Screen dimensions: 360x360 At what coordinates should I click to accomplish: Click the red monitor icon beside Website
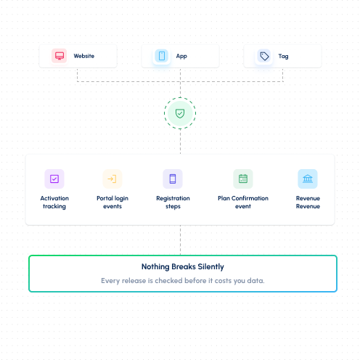pyautogui.click(x=60, y=56)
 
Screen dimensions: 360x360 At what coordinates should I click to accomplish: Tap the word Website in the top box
pyautogui.click(x=84, y=56)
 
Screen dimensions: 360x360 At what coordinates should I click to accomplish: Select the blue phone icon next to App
pyautogui.click(x=162, y=56)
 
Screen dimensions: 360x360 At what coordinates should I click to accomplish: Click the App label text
pyautogui.click(x=181, y=57)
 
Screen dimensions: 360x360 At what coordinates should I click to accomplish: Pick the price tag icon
pyautogui.click(x=264, y=56)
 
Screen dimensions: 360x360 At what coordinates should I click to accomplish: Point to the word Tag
pyautogui.click(x=283, y=57)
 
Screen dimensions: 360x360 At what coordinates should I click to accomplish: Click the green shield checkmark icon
pyautogui.click(x=180, y=113)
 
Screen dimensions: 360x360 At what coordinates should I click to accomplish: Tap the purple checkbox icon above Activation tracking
pyautogui.click(x=54, y=179)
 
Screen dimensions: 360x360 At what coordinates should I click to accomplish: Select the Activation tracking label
pyautogui.click(x=54, y=202)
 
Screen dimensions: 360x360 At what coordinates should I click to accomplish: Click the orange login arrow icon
pyautogui.click(x=112, y=179)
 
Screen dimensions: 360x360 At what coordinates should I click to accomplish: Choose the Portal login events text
pyautogui.click(x=112, y=202)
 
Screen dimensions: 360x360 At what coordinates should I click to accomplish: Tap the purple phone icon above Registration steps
pyautogui.click(x=173, y=179)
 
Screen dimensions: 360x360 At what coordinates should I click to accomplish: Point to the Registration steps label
pyautogui.click(x=173, y=202)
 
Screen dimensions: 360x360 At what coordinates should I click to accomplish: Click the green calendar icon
pyautogui.click(x=243, y=179)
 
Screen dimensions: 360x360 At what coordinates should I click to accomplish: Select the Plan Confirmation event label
pyautogui.click(x=243, y=202)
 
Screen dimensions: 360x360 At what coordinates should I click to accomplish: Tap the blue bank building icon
pyautogui.click(x=308, y=179)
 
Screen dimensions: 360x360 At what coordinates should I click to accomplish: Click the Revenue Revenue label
pyautogui.click(x=308, y=202)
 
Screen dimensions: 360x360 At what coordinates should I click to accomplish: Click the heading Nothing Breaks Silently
pyautogui.click(x=183, y=266)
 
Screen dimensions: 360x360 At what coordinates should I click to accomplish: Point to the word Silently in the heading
pyautogui.click(x=211, y=266)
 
